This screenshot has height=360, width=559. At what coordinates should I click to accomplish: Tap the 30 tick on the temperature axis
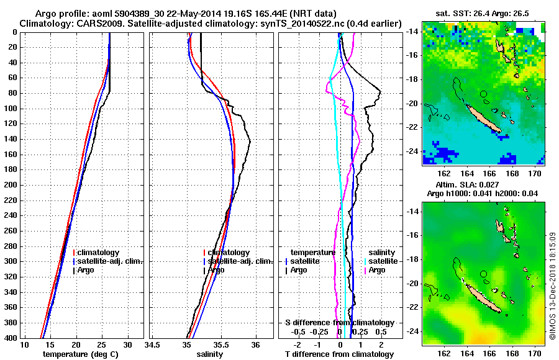pyautogui.click(x=127, y=345)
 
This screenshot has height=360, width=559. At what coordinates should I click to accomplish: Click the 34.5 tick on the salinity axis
pyautogui.click(x=152, y=345)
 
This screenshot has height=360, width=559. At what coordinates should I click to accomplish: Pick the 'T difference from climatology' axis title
pyautogui.click(x=339, y=354)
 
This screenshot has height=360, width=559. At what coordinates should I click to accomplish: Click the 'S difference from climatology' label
pyautogui.click(x=339, y=322)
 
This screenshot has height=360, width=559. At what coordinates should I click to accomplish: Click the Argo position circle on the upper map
pyautogui.click(x=483, y=94)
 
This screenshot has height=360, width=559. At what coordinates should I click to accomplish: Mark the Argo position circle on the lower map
pyautogui.click(x=483, y=273)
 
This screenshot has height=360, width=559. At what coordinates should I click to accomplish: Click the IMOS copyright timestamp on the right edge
pyautogui.click(x=552, y=286)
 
